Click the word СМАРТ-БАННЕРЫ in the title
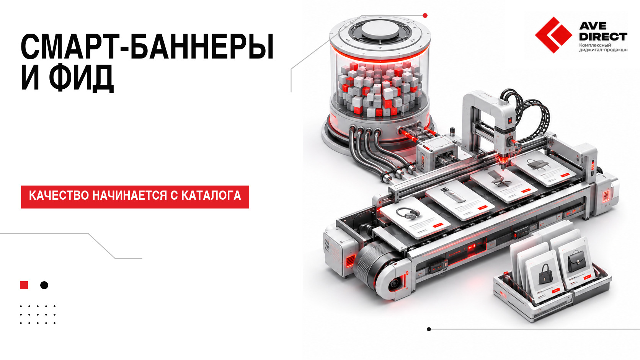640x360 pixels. pos(147,47)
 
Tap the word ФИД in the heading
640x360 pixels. pos(81,78)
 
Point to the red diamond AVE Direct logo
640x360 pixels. pos(553,35)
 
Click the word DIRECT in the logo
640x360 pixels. pos(603,37)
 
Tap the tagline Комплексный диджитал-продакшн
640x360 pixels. pos(603,47)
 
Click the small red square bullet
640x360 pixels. pos(24,285)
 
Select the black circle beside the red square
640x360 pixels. pos(44,285)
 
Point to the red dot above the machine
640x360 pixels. pos(425,15)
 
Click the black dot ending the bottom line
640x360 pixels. pos(429,329)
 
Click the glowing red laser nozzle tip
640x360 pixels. pos(503,163)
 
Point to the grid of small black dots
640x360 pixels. pos(38,314)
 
